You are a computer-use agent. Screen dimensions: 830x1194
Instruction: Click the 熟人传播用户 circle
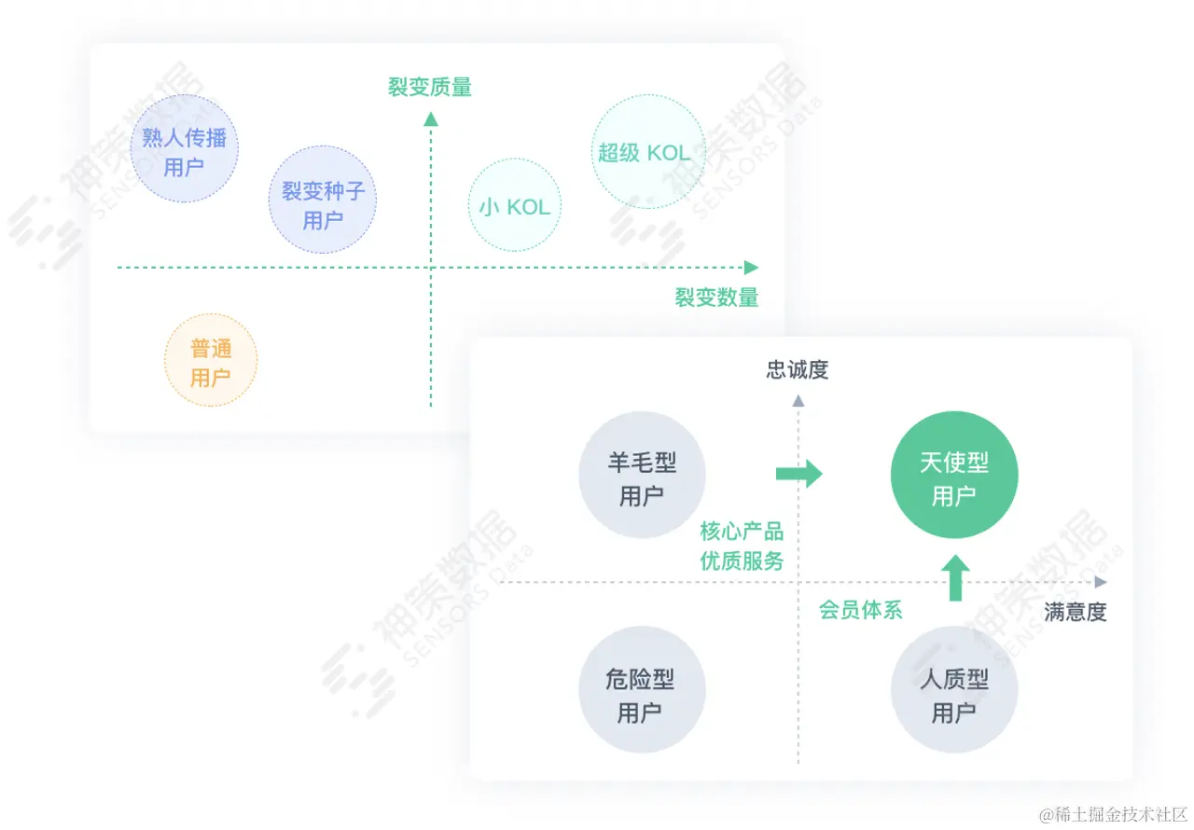pyautogui.click(x=184, y=149)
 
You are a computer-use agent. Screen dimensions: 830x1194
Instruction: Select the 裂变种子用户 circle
pyautogui.click(x=323, y=200)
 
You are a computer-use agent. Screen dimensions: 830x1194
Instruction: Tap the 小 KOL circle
pyautogui.click(x=515, y=205)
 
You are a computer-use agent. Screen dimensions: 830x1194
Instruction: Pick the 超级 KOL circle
pyautogui.click(x=645, y=152)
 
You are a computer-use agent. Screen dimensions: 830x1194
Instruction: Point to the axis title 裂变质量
pyautogui.click(x=430, y=88)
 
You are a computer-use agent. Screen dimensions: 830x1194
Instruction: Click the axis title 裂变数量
pyautogui.click(x=716, y=297)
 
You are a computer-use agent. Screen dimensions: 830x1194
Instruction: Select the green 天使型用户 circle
pyautogui.click(x=954, y=475)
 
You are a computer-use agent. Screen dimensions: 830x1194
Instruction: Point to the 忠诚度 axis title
pyautogui.click(x=798, y=369)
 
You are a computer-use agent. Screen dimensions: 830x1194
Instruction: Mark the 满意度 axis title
pyautogui.click(x=1075, y=612)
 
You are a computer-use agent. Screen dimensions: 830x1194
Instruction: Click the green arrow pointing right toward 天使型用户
pyautogui.click(x=798, y=474)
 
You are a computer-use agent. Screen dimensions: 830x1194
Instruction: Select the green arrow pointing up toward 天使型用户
pyautogui.click(x=954, y=578)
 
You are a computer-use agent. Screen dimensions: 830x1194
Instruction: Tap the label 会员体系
pyautogui.click(x=860, y=611)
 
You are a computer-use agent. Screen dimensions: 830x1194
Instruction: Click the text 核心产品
pyautogui.click(x=742, y=532)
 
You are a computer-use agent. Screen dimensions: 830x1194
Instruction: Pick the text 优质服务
pyautogui.click(x=742, y=561)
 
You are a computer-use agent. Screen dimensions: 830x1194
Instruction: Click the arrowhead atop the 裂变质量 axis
pyautogui.click(x=430, y=118)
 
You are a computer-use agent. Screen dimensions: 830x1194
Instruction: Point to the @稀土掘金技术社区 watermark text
pyautogui.click(x=1112, y=813)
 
